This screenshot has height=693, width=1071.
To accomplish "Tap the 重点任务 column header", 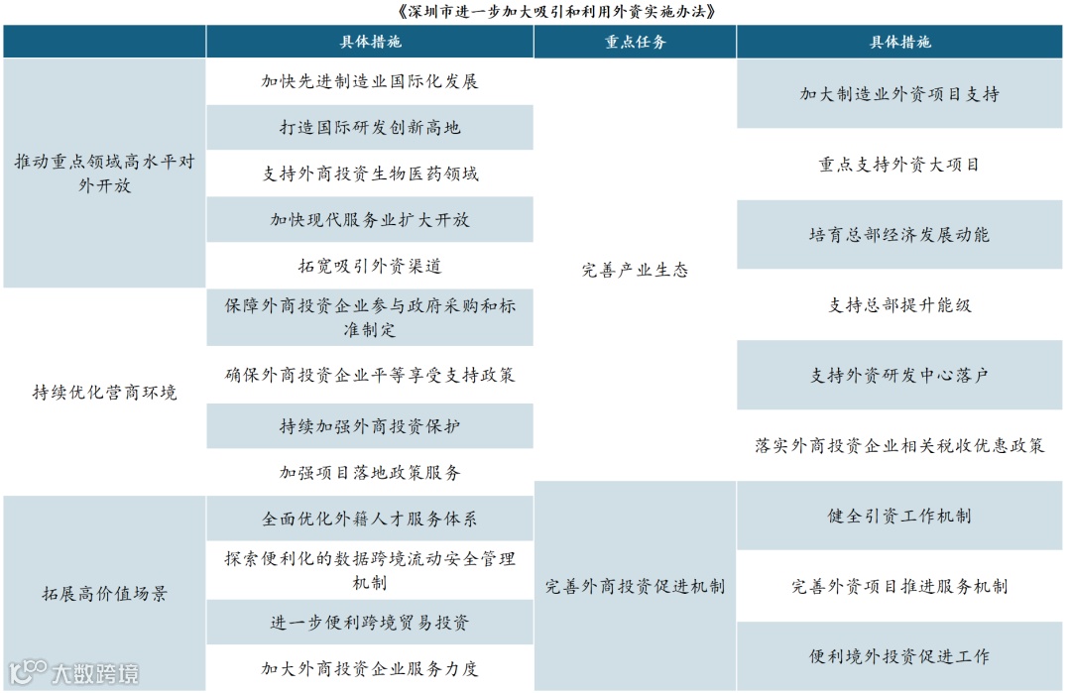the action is tap(635, 43).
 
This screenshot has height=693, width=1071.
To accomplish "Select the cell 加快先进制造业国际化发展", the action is tap(370, 81).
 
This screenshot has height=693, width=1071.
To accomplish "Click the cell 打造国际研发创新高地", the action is tap(370, 128).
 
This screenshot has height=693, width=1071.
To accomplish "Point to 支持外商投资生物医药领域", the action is tap(370, 173).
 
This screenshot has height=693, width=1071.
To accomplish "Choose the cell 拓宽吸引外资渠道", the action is tap(370, 266).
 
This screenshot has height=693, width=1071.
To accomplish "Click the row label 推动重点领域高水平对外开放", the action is tap(104, 173).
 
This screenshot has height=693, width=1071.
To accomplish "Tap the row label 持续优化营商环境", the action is tap(104, 393).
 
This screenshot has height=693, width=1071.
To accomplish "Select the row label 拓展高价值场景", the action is tap(104, 594).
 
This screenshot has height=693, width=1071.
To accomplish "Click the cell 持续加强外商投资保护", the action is tap(370, 426).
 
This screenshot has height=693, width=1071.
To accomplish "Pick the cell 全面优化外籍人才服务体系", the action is tap(370, 519).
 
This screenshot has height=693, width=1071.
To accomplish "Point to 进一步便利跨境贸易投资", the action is tap(370, 623).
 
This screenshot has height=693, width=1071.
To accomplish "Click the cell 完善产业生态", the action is tap(635, 270).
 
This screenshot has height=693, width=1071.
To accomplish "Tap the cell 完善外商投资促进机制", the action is tap(635, 586).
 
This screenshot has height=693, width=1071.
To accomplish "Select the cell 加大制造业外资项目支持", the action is tap(899, 94).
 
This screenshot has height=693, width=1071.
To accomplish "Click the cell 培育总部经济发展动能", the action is tap(899, 235).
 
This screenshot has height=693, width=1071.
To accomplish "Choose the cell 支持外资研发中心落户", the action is tap(899, 376).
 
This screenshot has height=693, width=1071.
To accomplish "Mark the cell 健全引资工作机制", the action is tap(899, 516).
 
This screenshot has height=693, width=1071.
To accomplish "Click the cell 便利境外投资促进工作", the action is tap(899, 656).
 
